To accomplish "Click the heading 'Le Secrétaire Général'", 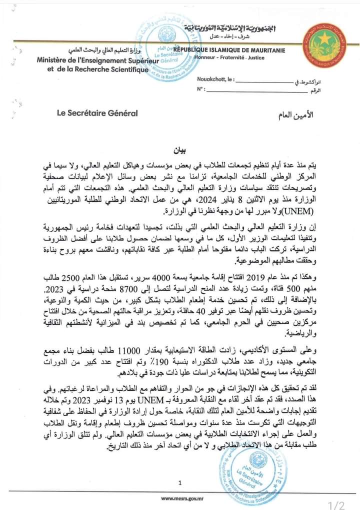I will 97,113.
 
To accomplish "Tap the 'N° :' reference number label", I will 201,88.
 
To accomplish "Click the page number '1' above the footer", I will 179,482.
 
